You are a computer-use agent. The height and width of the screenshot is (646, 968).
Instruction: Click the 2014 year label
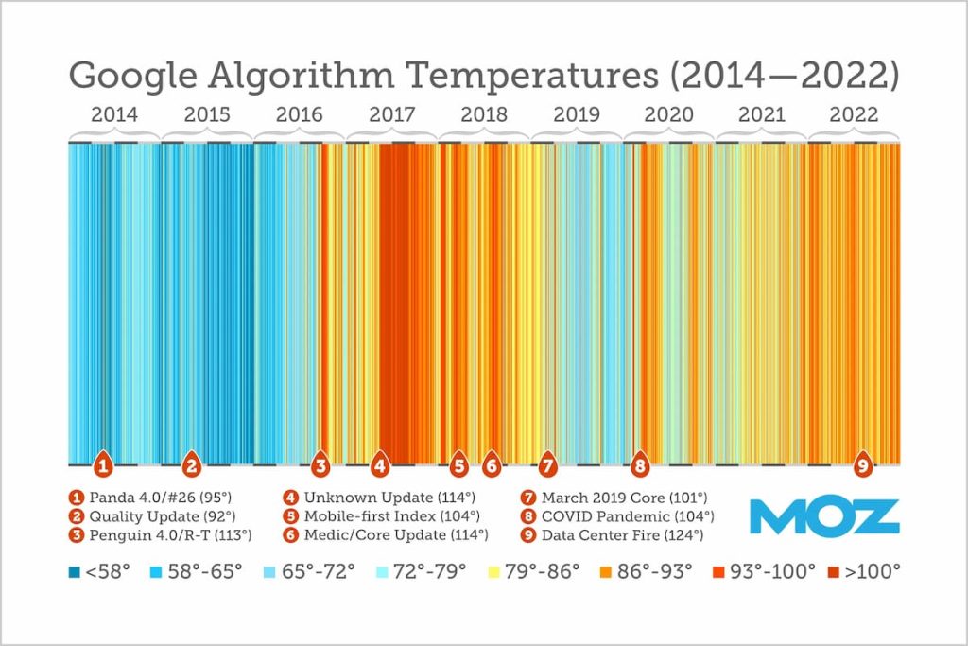pos(114,114)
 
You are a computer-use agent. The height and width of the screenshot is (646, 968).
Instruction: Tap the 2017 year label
pos(391,114)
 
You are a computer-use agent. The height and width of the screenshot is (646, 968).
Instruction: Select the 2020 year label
pos(669,114)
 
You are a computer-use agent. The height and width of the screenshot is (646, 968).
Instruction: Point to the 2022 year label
pos(854,114)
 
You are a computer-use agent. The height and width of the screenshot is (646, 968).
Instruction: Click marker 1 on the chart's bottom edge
pos(104,465)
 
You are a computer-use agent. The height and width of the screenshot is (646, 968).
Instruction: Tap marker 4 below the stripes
pos(380,465)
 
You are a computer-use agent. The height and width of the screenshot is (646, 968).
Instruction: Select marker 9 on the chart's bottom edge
pos(862,465)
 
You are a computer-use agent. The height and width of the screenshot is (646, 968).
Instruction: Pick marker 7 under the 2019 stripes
pos(547,465)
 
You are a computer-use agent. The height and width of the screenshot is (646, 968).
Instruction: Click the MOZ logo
pos(823,517)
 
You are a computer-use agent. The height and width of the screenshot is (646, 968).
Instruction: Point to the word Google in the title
pos(132,74)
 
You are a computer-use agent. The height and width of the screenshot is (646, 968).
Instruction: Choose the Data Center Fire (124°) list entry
pos(621,535)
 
